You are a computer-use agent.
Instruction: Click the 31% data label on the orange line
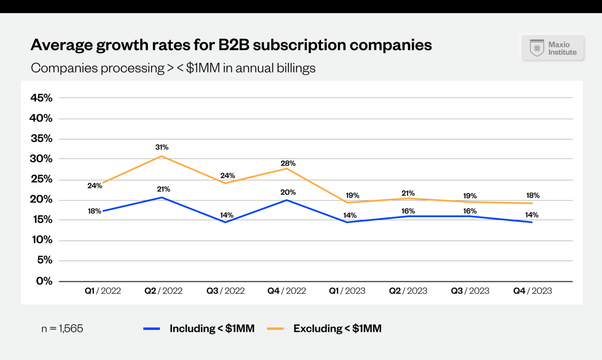click(x=161, y=147)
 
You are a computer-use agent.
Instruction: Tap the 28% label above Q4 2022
click(x=288, y=163)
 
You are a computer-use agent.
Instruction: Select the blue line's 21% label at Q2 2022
click(x=163, y=189)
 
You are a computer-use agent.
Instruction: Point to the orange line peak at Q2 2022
click(x=161, y=156)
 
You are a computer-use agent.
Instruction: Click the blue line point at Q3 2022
click(x=225, y=222)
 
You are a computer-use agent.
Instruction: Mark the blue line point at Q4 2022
click(x=287, y=200)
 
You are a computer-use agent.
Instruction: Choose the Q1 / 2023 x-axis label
click(x=347, y=291)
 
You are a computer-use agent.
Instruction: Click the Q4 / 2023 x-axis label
click(x=532, y=291)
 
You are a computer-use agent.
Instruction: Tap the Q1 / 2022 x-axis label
click(x=103, y=291)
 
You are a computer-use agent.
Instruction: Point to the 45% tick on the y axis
click(x=41, y=98)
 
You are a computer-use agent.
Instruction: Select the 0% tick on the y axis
click(x=44, y=281)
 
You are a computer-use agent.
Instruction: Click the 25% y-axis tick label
click(x=41, y=179)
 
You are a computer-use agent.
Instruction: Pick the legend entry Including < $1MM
click(x=212, y=328)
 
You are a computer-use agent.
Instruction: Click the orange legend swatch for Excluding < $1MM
click(x=275, y=329)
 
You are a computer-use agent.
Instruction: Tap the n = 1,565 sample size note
click(x=62, y=328)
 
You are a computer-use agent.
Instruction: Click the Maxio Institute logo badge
click(x=553, y=48)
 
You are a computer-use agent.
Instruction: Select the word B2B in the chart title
click(x=234, y=45)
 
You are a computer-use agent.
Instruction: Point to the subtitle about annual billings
click(x=173, y=68)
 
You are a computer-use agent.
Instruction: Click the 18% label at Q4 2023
click(x=533, y=195)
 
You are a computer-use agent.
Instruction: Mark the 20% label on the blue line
click(x=288, y=192)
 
